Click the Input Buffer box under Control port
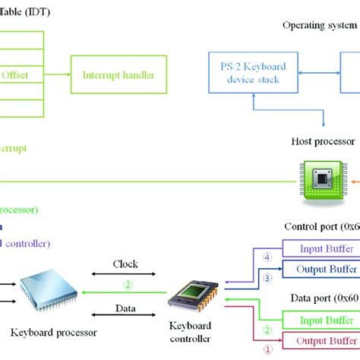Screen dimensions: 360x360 [319, 248]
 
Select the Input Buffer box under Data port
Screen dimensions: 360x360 [319, 318]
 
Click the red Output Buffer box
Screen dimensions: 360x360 [319, 339]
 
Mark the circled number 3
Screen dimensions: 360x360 [267, 278]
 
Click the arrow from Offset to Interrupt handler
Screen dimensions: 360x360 [58, 74]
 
